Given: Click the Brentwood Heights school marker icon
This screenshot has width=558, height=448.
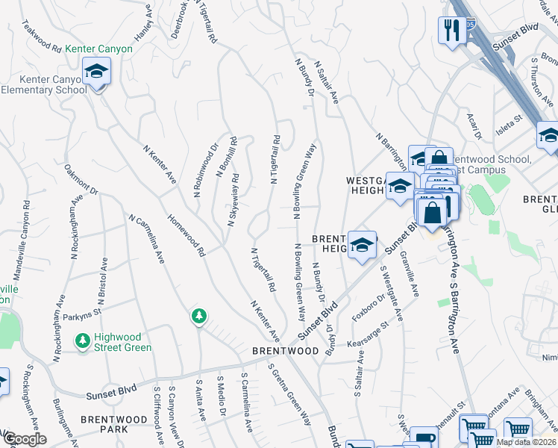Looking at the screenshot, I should [x=362, y=245].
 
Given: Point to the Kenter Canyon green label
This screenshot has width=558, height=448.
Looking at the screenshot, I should [x=98, y=49].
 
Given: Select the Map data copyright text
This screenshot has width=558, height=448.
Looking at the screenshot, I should [x=527, y=442].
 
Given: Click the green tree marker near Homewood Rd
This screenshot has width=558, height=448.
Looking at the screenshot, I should [x=198, y=317].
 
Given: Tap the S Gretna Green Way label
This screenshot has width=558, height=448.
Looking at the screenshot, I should [x=291, y=397].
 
